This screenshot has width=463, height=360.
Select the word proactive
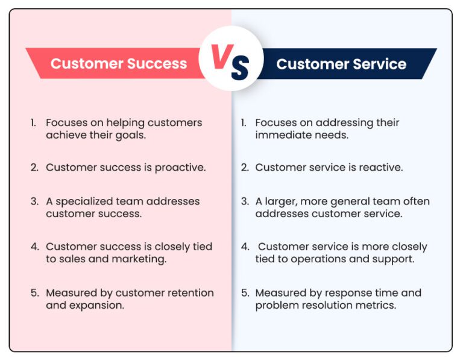(180, 168)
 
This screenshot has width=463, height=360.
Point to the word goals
(131, 135)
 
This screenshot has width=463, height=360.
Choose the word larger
(281, 201)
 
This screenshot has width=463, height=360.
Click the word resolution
(327, 305)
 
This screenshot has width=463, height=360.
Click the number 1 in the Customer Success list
(34, 123)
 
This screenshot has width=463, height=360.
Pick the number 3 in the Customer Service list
(244, 201)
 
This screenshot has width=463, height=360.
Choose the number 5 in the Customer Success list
(34, 293)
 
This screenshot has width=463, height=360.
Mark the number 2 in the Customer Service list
(244, 168)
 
